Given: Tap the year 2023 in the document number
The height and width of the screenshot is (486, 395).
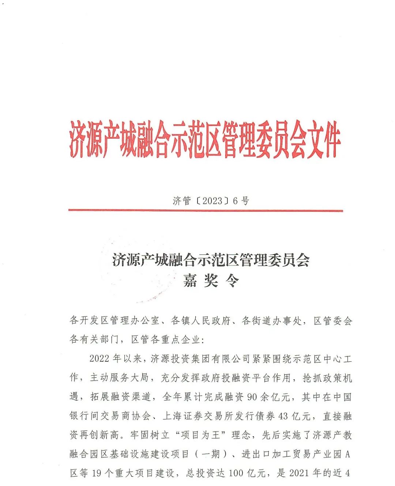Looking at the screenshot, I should point(212,201).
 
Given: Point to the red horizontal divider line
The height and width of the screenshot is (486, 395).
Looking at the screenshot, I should point(206,211).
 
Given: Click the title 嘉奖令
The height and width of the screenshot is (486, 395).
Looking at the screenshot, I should point(211,280).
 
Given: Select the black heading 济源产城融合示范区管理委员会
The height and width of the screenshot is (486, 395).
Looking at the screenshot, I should point(211,260).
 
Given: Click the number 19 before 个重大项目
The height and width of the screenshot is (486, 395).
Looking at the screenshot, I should point(96,473).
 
